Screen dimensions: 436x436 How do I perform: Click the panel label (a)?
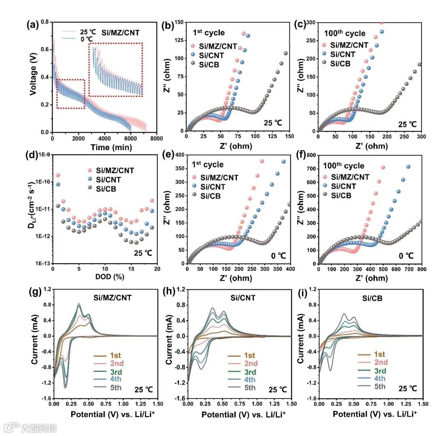point(32,25)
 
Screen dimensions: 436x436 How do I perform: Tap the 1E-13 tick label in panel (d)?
point(42,264)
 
